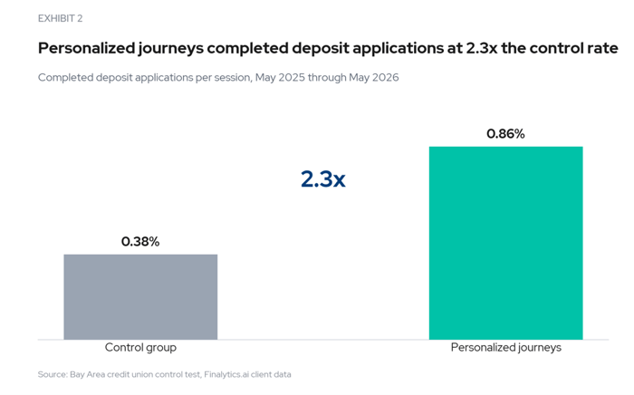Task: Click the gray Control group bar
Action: coord(140,297)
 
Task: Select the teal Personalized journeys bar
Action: coord(505,243)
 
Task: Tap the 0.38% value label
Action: coord(140,241)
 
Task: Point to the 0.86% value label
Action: coord(505,133)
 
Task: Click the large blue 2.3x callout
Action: coord(323,179)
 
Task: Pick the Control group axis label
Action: coord(140,347)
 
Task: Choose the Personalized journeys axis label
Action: coord(505,347)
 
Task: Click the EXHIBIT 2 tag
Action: coord(61,19)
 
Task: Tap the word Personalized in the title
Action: coord(87,48)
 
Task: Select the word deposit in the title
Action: coord(321,48)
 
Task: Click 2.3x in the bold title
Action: coord(482,48)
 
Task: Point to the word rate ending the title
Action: coord(602,49)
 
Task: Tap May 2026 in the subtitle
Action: coord(374,77)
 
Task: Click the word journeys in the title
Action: coord(171,49)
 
